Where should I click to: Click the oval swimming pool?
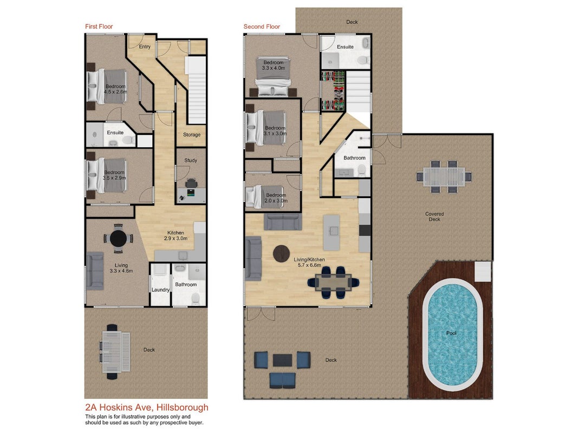pos(452,334)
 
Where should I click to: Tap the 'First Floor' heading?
pos(99,27)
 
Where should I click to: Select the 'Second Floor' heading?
pos(262,27)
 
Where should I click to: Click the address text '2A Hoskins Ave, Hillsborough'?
pos(147,408)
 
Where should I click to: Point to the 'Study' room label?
pos(191,161)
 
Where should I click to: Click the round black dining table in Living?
pos(118,239)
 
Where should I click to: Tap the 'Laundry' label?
pos(160,290)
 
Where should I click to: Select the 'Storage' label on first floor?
pos(192,135)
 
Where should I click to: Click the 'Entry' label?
pos(145,47)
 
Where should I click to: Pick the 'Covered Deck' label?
pos(434,216)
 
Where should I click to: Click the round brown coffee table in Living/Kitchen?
pos(281,254)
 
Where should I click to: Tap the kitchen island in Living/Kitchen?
pos(332,233)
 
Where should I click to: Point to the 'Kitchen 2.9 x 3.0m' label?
pos(176,235)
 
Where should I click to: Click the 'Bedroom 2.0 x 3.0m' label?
pos(276,198)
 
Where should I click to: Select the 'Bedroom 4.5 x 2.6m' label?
pos(115,89)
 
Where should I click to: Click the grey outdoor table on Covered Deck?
pos(444,176)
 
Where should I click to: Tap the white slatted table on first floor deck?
pos(116,352)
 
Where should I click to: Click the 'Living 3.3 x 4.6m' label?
pos(121,268)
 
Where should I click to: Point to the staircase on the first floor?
pos(197,90)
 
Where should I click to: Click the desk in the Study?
pos(191,195)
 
